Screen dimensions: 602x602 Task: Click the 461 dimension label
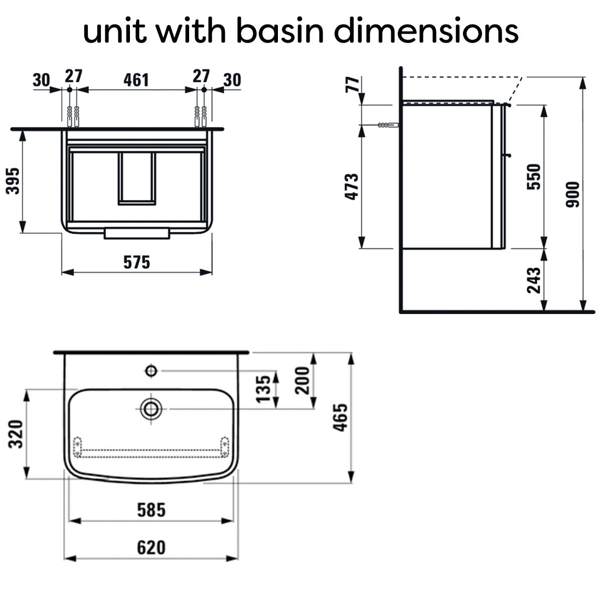point(136,80)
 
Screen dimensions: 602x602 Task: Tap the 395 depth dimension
point(13,181)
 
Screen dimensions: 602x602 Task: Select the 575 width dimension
point(136,262)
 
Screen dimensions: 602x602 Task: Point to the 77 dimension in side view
point(352,84)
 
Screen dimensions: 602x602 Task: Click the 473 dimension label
point(352,187)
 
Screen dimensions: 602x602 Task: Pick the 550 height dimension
point(534,177)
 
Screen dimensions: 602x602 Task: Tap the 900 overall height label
point(572,194)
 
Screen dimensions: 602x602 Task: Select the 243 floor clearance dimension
point(534,280)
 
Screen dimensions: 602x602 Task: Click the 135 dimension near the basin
point(263,389)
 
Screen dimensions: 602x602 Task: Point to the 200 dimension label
point(302,380)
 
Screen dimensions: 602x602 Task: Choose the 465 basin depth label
point(340,418)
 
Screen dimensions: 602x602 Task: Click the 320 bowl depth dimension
point(16,434)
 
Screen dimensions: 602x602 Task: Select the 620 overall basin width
point(151,547)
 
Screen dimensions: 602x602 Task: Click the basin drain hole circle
point(151,409)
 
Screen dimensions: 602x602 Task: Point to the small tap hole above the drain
point(151,371)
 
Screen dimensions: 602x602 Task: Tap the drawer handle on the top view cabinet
point(137,234)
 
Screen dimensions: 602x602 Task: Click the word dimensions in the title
point(426,31)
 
